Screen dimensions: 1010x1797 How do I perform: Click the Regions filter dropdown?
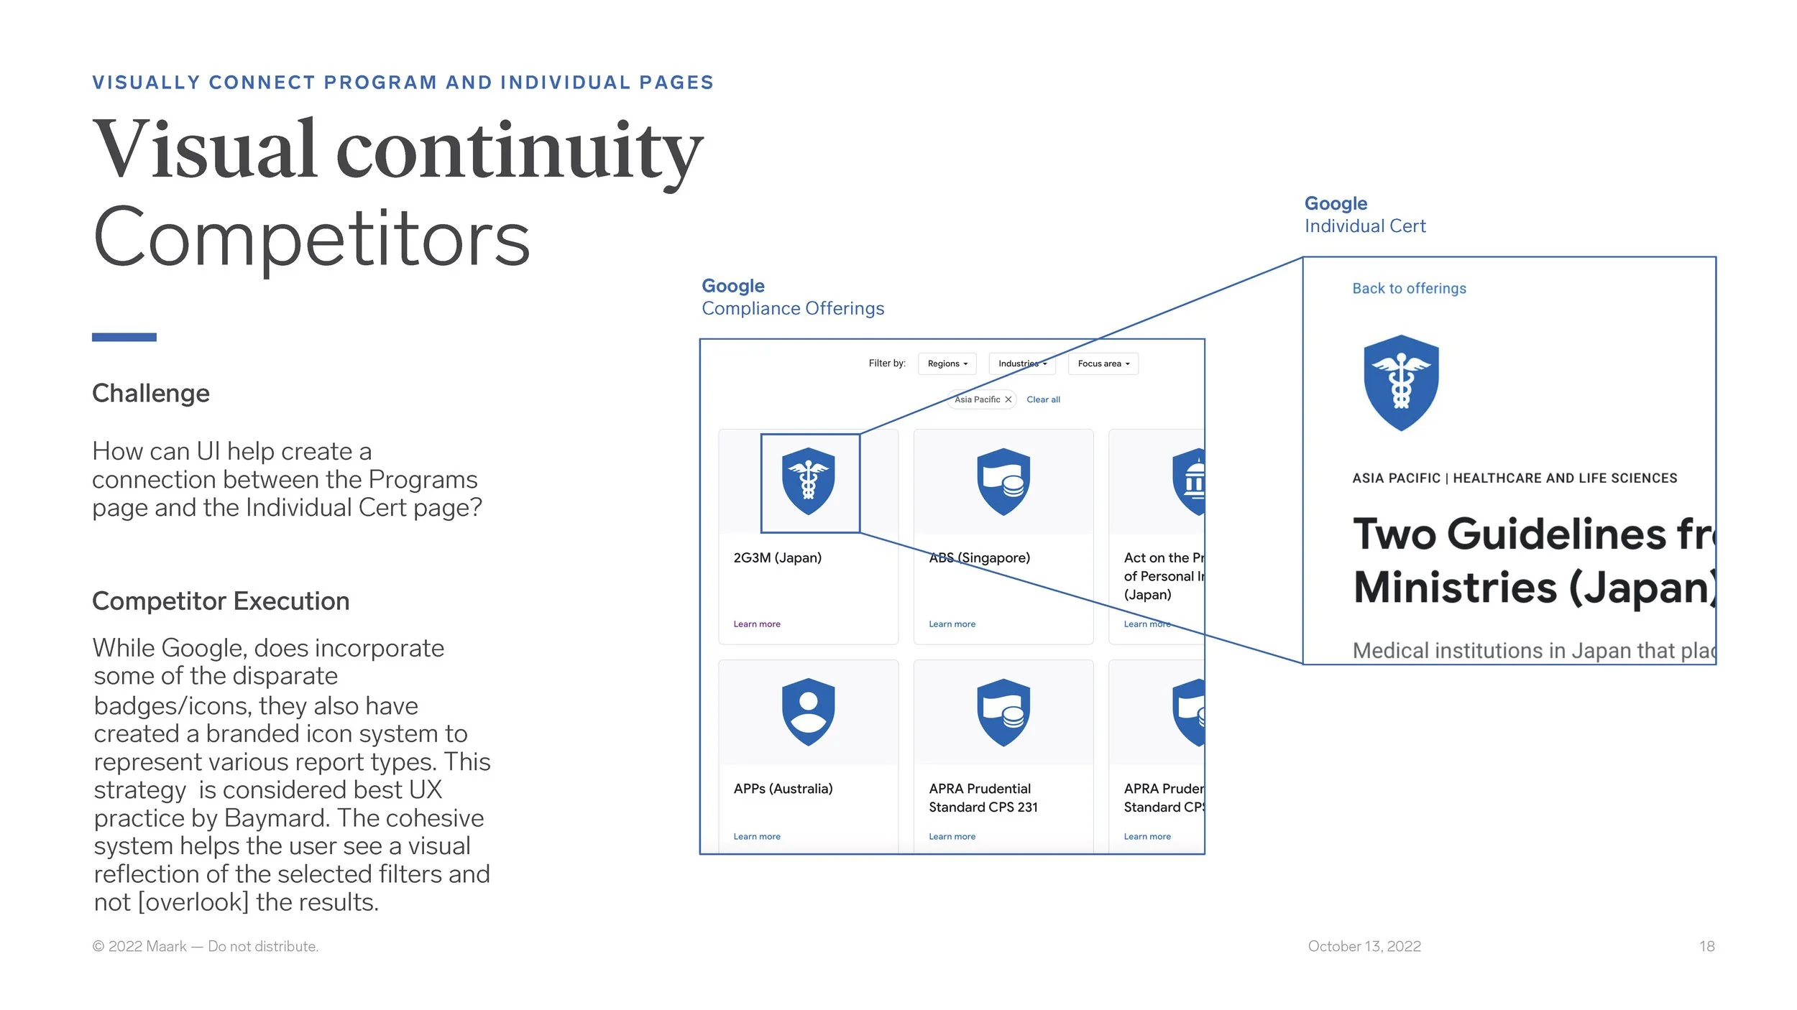pos(947,363)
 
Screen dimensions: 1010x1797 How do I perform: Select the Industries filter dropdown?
pos(1021,363)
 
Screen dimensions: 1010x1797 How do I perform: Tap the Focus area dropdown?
pos(1103,363)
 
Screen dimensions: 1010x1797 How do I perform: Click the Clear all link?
pos(1043,399)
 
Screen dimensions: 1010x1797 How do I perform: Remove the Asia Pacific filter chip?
pos(1008,399)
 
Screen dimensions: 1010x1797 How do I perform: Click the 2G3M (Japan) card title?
pos(777,557)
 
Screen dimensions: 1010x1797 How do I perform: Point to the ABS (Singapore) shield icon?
pos(1003,481)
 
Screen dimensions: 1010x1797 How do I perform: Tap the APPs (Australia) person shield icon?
pos(808,712)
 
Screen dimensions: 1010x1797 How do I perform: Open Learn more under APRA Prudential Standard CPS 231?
pos(952,836)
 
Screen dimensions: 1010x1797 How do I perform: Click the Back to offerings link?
pos(1409,288)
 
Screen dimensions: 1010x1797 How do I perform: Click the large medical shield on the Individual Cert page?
pos(1401,382)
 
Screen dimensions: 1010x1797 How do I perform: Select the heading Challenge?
pos(151,393)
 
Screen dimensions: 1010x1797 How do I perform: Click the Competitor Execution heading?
pos(221,601)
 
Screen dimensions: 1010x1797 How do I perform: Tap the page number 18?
pos(1706,946)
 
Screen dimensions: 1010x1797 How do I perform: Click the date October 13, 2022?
pos(1364,946)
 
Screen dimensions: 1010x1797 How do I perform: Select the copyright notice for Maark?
pos(205,946)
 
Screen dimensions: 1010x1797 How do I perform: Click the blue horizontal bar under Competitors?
pos(124,337)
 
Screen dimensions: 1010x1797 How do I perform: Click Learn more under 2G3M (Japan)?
pos(756,624)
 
